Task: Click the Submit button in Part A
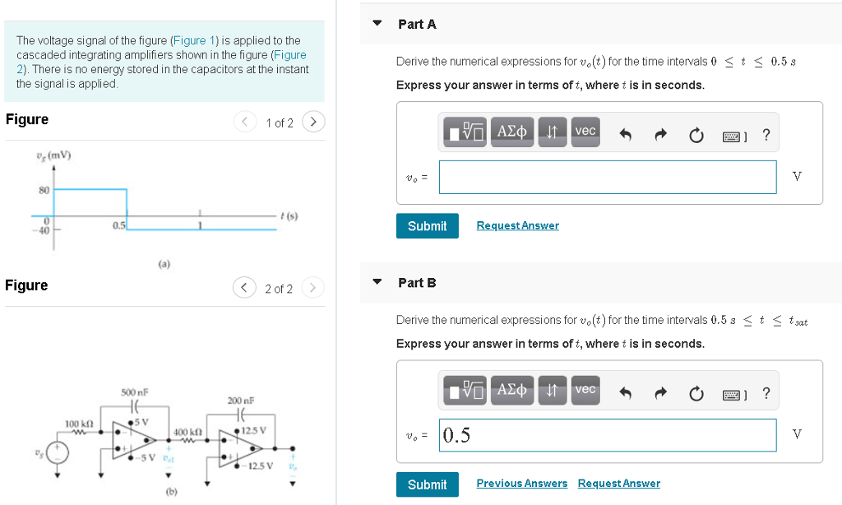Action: tap(427, 226)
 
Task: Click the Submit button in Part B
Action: tap(427, 484)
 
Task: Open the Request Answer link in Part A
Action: tap(517, 225)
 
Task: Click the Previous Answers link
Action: tap(521, 484)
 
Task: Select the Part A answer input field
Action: tap(607, 177)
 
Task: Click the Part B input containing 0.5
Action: tap(607, 435)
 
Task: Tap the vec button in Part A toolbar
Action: tap(585, 132)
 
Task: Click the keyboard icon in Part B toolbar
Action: tap(732, 394)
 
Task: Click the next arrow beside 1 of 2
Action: tap(312, 123)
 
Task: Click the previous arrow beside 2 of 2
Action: tap(244, 288)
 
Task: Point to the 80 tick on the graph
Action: tap(44, 190)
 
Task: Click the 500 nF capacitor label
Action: tap(134, 392)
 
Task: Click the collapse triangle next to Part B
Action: tap(377, 282)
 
